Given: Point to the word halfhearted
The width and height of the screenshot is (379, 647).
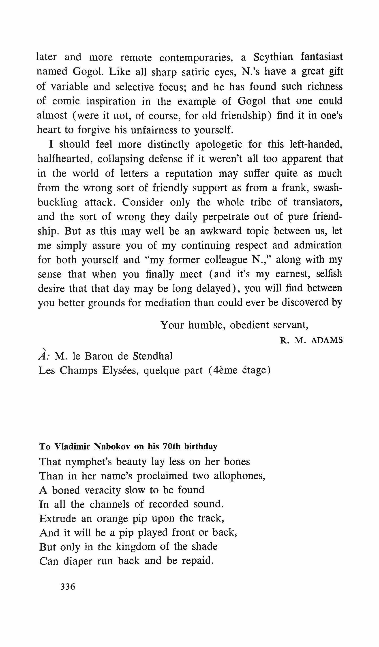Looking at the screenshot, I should tap(65, 159).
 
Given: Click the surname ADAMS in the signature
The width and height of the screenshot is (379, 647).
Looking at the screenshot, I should tap(327, 340).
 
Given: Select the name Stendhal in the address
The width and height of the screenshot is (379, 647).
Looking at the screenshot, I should tap(153, 356).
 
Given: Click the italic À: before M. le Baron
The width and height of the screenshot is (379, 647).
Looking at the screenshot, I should tap(45, 356).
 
